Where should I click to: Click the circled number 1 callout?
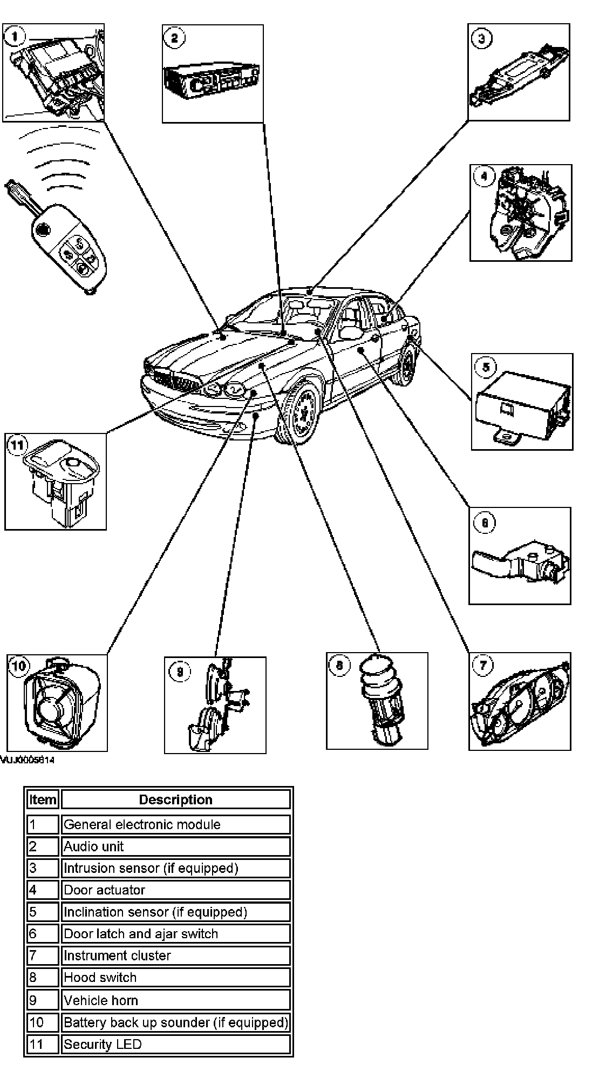15,37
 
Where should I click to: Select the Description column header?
175,799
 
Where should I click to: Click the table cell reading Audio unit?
175,846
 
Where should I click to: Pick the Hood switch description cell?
175,977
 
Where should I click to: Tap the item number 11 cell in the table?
43,1044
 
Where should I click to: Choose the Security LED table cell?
175,1044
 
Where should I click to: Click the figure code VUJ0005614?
27,761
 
